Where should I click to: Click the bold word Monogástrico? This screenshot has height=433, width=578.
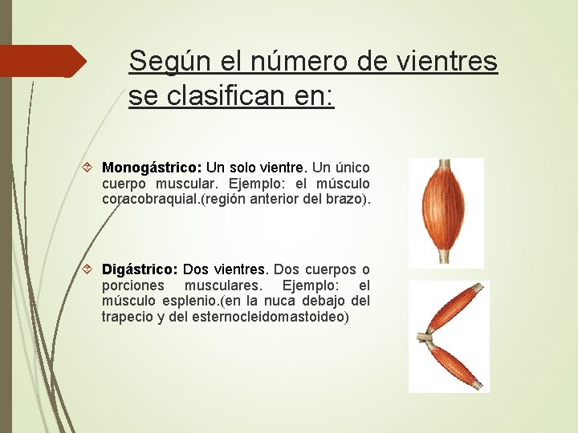pos(152,168)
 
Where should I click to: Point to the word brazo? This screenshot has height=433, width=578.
pos(348,199)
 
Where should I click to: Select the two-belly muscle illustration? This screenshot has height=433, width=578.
pos(448,337)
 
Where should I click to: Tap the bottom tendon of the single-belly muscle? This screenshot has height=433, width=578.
pos(444,256)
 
